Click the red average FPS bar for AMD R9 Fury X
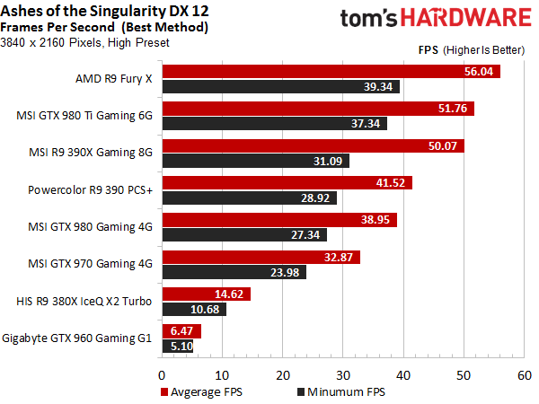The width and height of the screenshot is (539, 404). tap(331, 72)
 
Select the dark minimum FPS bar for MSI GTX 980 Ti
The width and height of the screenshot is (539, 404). tap(275, 123)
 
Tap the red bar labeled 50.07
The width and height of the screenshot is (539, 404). tap(314, 146)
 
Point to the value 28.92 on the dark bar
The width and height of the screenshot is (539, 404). tap(315, 198)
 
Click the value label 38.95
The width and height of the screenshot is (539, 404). tap(375, 220)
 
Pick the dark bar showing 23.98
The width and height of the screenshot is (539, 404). tap(234, 272)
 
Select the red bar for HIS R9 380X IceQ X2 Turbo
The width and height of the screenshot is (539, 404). tap(207, 294)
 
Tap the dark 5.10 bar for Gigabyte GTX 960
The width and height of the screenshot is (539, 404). tap(178, 346)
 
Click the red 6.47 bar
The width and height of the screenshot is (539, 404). tap(181, 331)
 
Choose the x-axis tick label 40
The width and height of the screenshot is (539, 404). tap(402, 375)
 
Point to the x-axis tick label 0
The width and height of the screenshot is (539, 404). tap(162, 375)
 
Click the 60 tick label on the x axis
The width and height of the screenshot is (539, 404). tap(525, 375)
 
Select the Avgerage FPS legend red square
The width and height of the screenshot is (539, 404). tap(164, 392)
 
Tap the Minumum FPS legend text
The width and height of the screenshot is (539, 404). tap(346, 392)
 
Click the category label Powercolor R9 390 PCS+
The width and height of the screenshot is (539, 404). tap(90, 190)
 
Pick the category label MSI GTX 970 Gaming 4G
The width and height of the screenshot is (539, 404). tap(90, 264)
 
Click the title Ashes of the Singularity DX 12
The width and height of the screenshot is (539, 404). tap(104, 11)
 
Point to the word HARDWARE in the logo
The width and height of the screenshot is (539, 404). tap(466, 18)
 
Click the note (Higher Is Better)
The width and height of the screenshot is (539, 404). tap(483, 50)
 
